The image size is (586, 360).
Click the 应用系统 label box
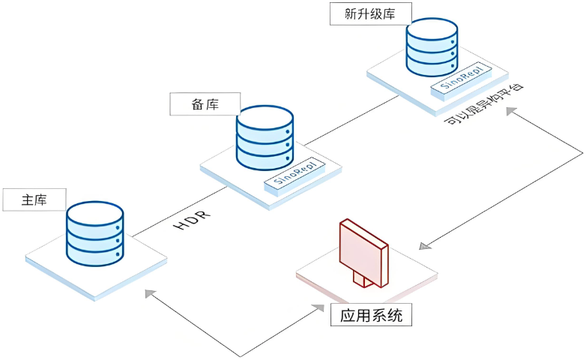(371, 315)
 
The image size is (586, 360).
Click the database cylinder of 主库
(94, 232)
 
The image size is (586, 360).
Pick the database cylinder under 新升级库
(432, 46)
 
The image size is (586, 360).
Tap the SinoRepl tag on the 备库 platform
(294, 171)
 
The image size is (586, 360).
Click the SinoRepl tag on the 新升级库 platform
(462, 78)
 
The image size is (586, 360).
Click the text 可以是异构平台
(483, 105)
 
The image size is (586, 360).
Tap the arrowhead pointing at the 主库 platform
(151, 292)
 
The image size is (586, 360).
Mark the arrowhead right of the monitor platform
(424, 245)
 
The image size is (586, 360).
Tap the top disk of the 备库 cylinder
(265, 120)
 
